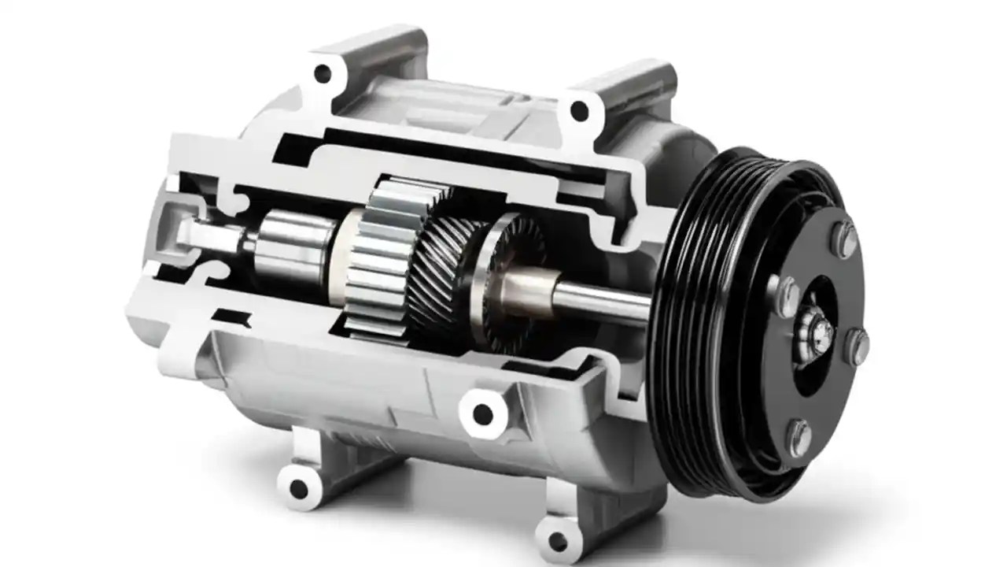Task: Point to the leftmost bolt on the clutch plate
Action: tap(787, 293)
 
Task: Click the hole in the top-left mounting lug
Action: tap(323, 74)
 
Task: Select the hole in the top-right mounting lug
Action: tap(579, 111)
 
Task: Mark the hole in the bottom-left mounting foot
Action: tap(298, 488)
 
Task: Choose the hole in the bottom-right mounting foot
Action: tap(558, 541)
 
